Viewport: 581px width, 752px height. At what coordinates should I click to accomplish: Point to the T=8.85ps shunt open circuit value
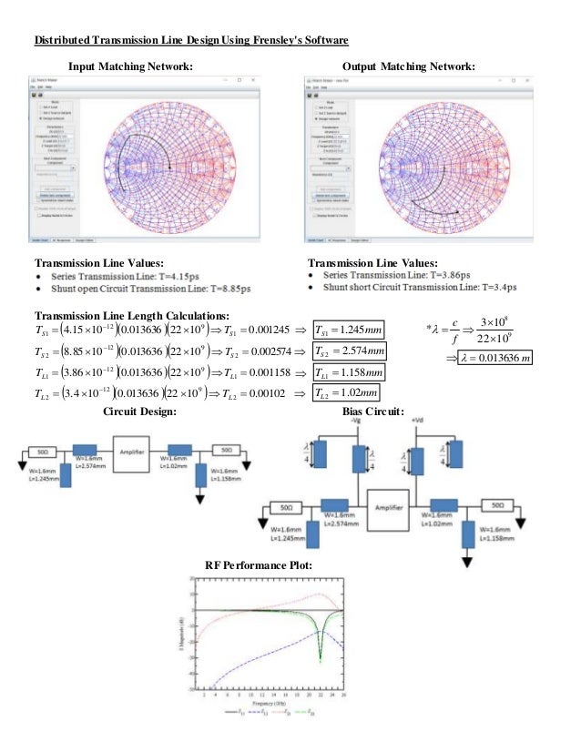click(231, 288)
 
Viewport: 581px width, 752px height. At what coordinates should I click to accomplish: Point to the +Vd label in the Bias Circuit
click(418, 422)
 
